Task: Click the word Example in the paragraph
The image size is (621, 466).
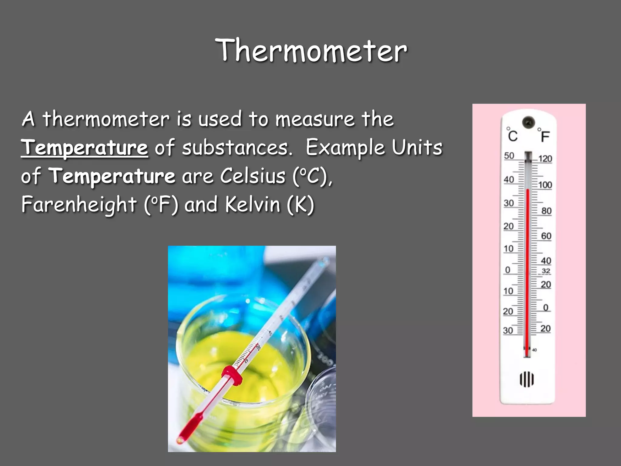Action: [x=345, y=147]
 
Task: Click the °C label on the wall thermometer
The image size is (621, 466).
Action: [x=512, y=135]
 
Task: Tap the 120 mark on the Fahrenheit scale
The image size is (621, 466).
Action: [x=545, y=159]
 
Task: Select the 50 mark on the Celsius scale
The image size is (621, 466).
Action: [x=509, y=156]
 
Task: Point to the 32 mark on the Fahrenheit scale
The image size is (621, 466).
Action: [x=546, y=271]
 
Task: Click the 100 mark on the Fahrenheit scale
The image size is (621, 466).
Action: [x=545, y=185]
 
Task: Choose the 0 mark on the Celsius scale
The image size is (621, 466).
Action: [x=508, y=270]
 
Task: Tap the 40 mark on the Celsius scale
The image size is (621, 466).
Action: [x=509, y=180]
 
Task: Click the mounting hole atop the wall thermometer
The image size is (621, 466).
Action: [x=529, y=122]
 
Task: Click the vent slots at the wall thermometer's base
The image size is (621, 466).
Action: [x=527, y=379]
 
